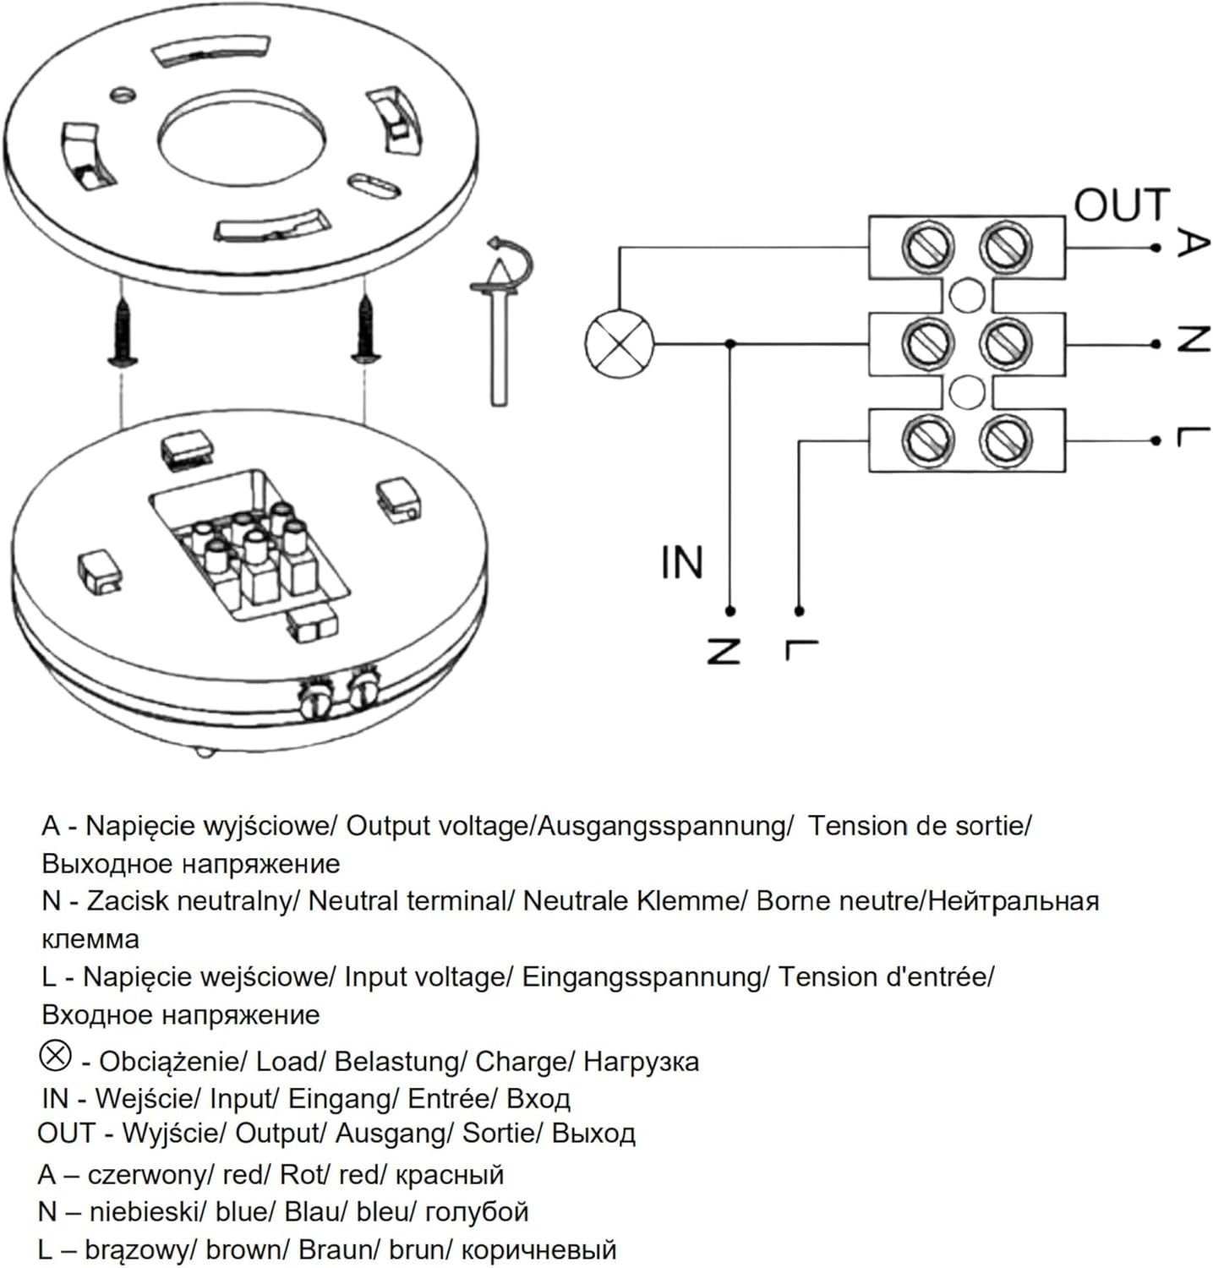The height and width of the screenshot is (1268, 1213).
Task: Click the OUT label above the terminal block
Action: [1122, 205]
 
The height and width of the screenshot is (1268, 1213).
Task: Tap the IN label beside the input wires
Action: [681, 563]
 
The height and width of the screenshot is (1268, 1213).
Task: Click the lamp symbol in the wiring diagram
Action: [620, 344]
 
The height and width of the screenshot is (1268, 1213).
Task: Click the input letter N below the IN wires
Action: [724, 650]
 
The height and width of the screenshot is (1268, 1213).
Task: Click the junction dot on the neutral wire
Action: [730, 343]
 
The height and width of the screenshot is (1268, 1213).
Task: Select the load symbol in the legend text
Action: [56, 1056]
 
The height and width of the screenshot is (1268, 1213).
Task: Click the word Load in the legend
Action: [287, 1061]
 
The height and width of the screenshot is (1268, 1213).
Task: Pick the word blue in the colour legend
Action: [243, 1211]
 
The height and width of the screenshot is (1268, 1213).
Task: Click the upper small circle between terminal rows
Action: [966, 295]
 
